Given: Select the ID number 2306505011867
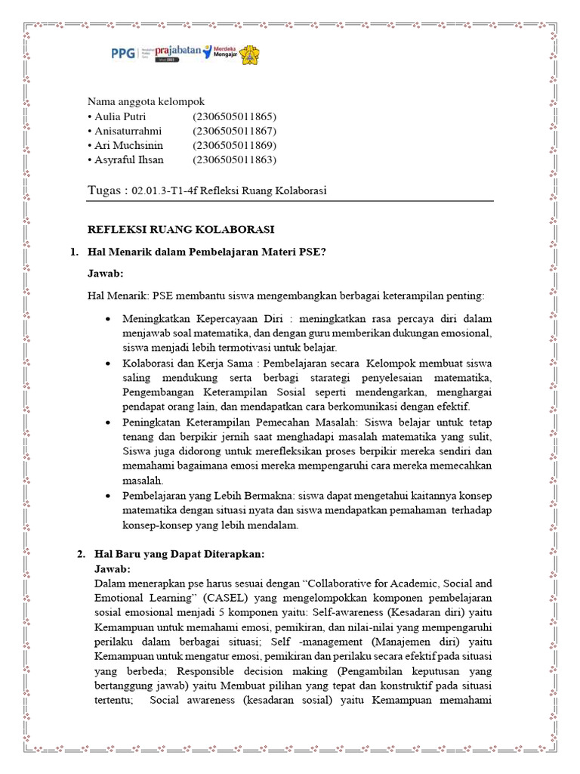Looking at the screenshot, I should click(x=234, y=131).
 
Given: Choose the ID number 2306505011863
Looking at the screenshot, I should click(x=234, y=159).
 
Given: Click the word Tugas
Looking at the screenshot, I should click(x=106, y=190).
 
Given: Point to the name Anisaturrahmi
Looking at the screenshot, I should click(x=128, y=131).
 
